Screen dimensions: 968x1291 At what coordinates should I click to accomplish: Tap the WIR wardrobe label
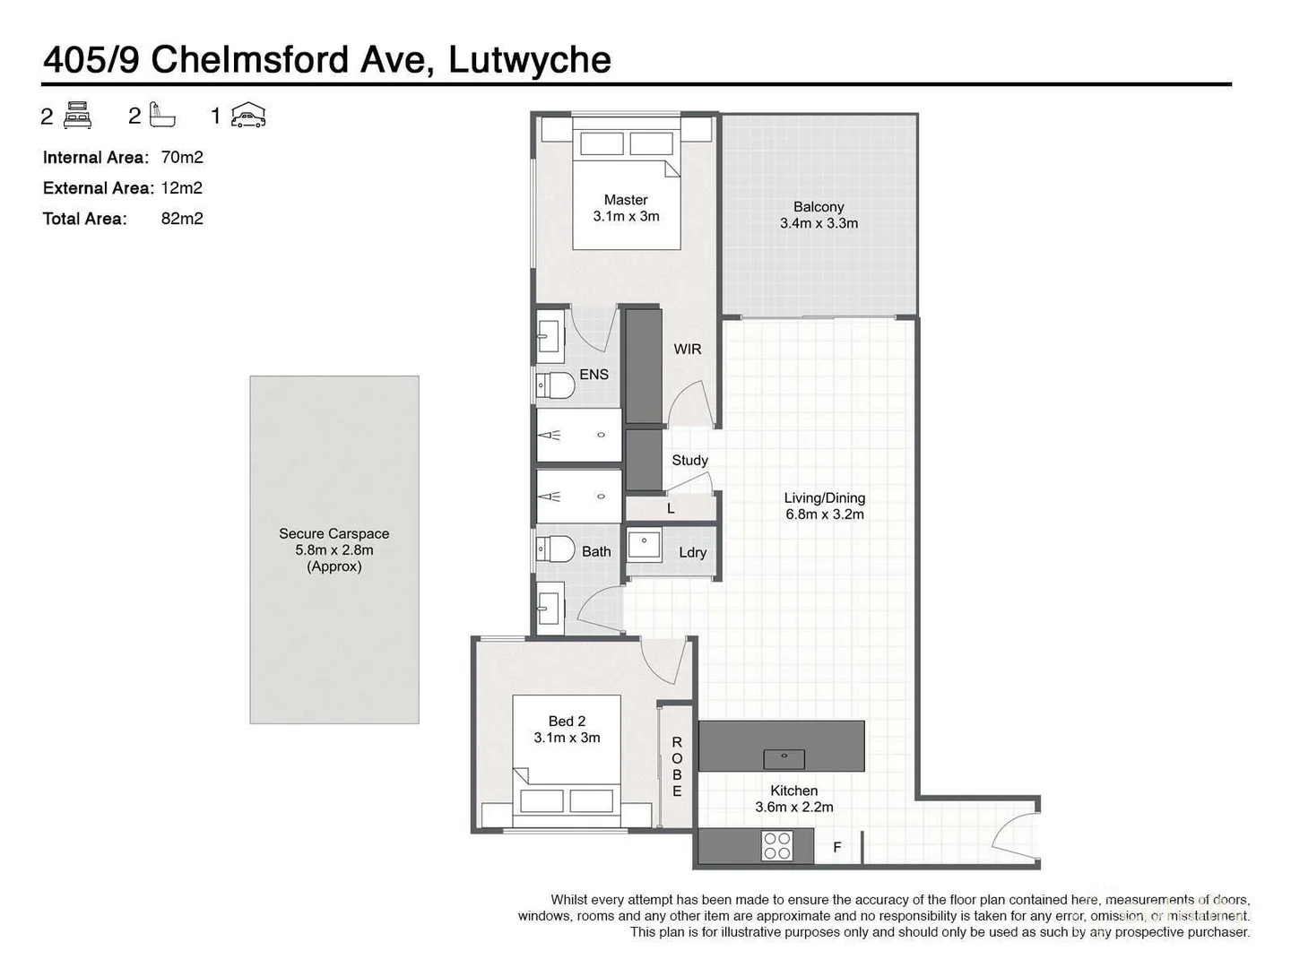pos(688,349)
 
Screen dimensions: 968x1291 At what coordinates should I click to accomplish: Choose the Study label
pos(689,460)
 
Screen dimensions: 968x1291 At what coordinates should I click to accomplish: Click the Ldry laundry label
pos(692,552)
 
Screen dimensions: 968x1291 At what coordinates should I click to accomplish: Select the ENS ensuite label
pos(594,374)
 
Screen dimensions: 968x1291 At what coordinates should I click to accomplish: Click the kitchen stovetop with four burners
pos(776,845)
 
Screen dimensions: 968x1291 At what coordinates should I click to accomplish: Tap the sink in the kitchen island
pos(784,758)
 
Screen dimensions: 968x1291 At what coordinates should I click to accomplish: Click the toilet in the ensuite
pos(555,386)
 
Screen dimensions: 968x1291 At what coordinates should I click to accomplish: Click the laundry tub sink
pos(644,545)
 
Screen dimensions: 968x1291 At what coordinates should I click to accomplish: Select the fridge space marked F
pos(837,846)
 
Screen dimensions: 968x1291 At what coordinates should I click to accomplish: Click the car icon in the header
pos(248,116)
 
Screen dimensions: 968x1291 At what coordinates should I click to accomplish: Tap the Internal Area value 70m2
pos(182,158)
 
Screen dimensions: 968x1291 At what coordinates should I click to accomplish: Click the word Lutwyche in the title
pos(529,60)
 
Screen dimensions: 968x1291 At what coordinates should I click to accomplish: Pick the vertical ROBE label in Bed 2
pos(677,767)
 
